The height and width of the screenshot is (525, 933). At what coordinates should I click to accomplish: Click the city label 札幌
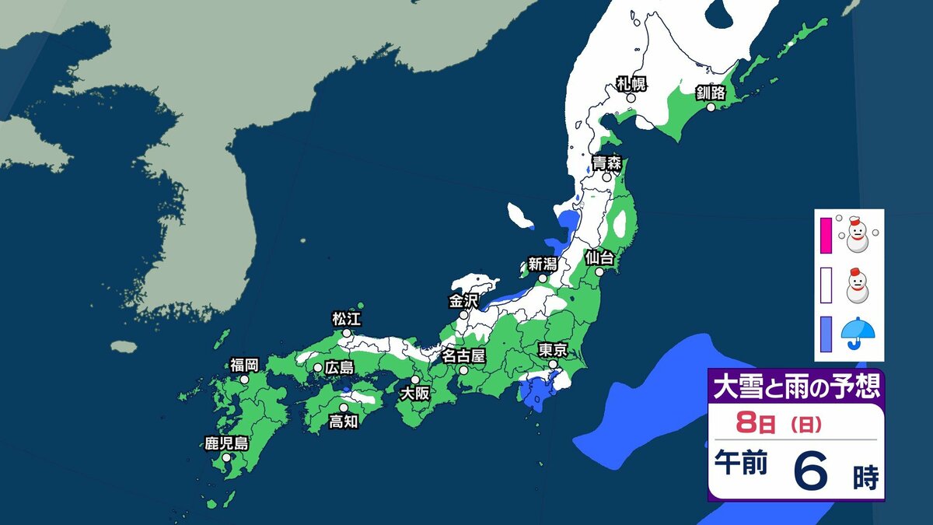tap(631, 84)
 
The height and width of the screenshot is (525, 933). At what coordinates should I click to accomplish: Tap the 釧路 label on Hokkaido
tap(711, 93)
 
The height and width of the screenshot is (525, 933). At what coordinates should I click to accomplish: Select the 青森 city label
tap(606, 163)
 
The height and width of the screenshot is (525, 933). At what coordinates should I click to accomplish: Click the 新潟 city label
tap(543, 264)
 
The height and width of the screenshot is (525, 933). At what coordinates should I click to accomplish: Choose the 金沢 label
tap(464, 301)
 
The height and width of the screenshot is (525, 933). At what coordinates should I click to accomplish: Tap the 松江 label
tap(347, 319)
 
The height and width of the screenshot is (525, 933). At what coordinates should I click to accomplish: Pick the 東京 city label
tap(553, 349)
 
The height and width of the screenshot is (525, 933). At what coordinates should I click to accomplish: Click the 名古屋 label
tap(463, 356)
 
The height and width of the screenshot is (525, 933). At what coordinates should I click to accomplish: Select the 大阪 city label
tap(414, 394)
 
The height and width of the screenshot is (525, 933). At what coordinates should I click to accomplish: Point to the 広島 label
tap(339, 367)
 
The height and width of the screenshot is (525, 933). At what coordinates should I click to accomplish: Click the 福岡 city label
tap(244, 365)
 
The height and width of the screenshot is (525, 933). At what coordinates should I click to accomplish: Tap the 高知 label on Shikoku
tap(343, 421)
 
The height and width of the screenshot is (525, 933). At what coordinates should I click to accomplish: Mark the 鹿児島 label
tap(226, 444)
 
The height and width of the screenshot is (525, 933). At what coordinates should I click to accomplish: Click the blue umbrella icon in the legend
tap(858, 332)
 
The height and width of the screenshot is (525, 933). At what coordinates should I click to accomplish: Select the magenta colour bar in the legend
tap(826, 236)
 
